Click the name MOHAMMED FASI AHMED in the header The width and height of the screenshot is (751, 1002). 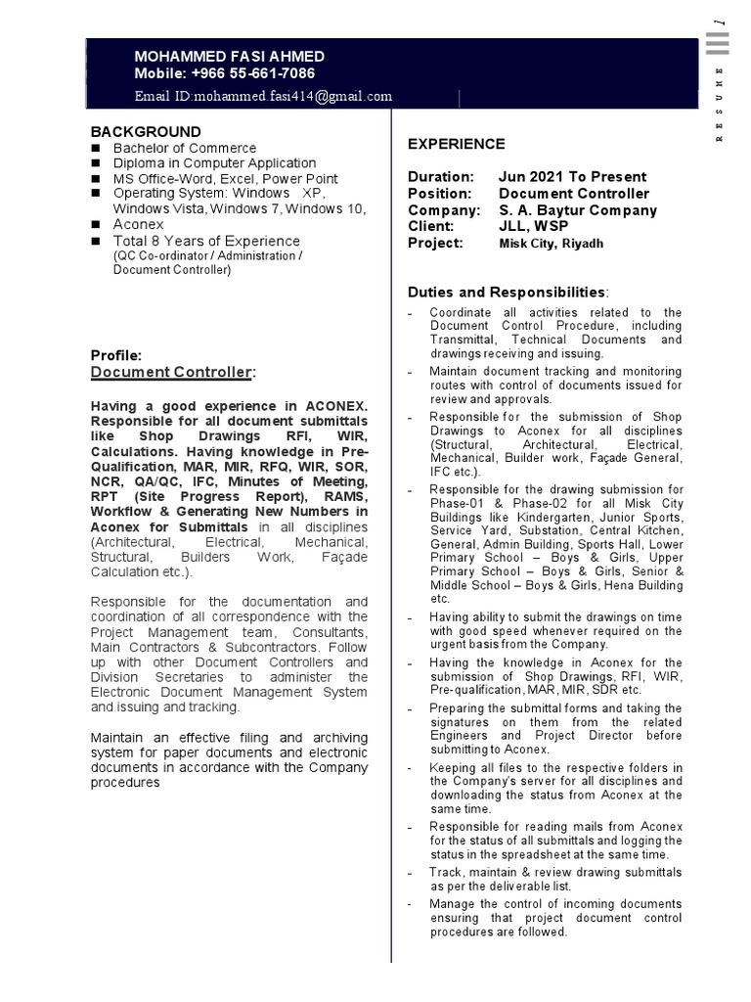[229, 57]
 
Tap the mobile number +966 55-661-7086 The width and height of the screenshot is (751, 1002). [225, 73]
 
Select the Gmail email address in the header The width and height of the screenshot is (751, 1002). [263, 96]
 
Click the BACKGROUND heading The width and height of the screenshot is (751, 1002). [146, 131]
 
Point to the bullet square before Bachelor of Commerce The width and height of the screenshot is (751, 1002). [97, 148]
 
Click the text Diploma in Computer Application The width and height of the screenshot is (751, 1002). [214, 163]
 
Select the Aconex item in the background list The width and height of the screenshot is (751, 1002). [138, 224]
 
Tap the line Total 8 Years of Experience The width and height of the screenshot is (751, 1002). [206, 241]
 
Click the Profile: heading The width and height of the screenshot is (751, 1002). [116, 355]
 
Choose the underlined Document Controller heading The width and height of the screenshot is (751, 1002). [173, 372]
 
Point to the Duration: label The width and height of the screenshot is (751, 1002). [440, 177]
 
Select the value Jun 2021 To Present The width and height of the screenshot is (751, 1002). [572, 177]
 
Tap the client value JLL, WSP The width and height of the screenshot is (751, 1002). [533, 227]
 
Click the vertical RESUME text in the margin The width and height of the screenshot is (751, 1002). [720, 105]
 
